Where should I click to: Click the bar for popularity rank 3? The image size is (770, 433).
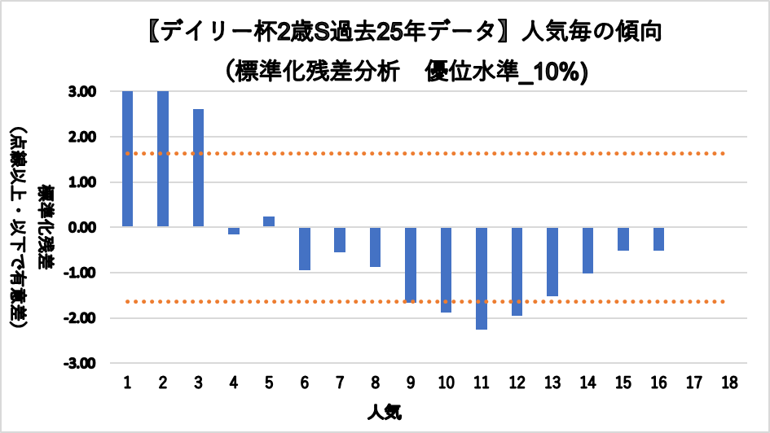(198, 168)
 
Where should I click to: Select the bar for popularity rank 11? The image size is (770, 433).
(482, 278)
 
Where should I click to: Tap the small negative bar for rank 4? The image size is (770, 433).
(234, 230)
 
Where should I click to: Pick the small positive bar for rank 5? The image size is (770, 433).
(269, 221)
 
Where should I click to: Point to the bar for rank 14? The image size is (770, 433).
(587, 250)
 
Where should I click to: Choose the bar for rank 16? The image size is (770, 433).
(658, 239)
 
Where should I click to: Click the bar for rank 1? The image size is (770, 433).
(128, 159)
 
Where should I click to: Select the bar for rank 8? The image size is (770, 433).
(375, 247)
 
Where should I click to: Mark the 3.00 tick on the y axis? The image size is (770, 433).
(82, 92)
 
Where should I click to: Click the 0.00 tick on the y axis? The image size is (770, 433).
(82, 227)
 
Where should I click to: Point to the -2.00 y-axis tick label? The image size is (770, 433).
(81, 317)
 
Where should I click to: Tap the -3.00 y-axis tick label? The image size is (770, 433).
(81, 363)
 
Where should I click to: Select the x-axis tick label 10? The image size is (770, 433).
(446, 383)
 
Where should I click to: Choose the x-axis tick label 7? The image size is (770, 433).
(340, 383)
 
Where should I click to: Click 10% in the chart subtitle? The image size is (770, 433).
(555, 72)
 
